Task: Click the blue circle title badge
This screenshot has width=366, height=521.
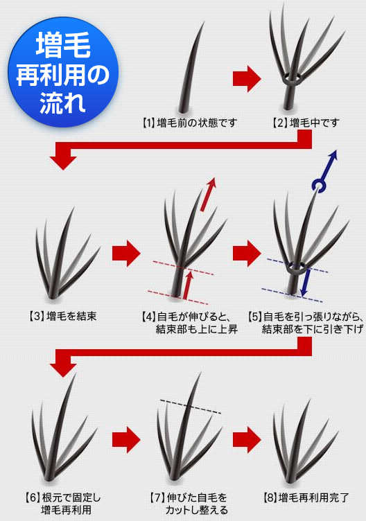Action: (x=63, y=72)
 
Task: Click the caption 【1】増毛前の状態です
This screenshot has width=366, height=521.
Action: (x=189, y=123)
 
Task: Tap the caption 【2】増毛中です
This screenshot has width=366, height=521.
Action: (x=306, y=123)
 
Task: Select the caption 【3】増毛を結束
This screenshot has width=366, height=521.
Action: (x=62, y=316)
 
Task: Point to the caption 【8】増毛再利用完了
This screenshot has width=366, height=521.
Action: (x=306, y=497)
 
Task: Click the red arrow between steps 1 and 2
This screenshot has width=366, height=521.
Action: (x=247, y=79)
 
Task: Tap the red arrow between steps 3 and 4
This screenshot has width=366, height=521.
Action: (x=126, y=254)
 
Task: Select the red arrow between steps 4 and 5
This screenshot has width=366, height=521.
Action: (x=247, y=254)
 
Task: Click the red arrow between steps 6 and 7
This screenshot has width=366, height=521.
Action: (x=126, y=439)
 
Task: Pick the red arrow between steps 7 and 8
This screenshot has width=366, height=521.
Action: (x=247, y=439)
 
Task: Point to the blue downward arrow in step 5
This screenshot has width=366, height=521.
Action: (x=306, y=283)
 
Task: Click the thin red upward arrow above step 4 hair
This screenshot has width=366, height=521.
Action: (x=208, y=195)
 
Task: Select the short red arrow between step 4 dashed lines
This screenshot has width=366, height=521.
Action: (x=188, y=285)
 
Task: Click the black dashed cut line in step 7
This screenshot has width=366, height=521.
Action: (x=191, y=407)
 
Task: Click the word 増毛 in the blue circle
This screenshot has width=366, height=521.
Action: (x=63, y=45)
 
